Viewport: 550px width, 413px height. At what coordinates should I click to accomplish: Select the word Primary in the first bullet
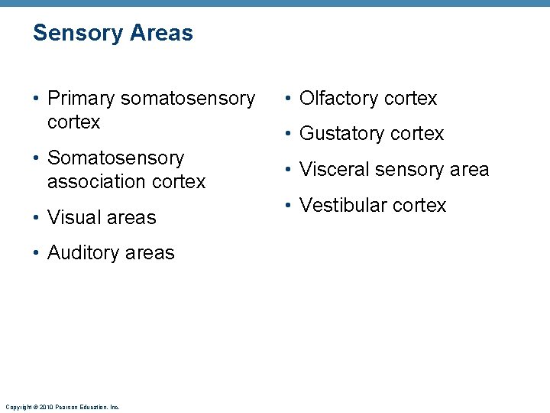pos(80,99)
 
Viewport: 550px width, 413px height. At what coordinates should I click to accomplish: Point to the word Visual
pos(72,217)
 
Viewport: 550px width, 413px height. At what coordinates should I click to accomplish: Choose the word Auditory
pos(81,253)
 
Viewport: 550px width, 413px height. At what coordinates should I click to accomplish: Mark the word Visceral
pos(333,170)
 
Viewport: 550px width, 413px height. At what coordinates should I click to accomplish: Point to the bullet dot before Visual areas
pos(38,218)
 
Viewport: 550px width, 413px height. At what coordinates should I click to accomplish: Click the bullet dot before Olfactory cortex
pos(290,99)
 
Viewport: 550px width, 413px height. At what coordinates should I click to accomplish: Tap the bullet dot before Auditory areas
pos(38,253)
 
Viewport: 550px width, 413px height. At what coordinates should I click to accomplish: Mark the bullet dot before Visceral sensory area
pos(290,170)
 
